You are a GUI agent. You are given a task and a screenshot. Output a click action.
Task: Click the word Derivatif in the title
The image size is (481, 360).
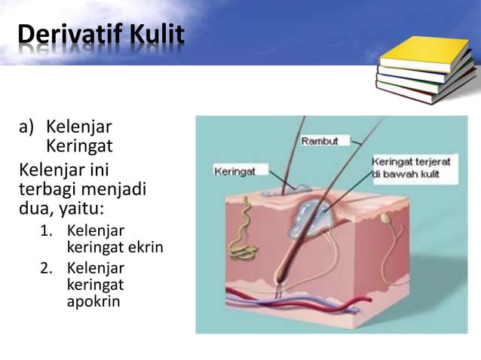[64, 34]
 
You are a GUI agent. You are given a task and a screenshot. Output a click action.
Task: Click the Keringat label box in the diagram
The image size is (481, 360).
[235, 172]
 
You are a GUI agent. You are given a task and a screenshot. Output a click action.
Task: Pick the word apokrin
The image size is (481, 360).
[93, 303]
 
